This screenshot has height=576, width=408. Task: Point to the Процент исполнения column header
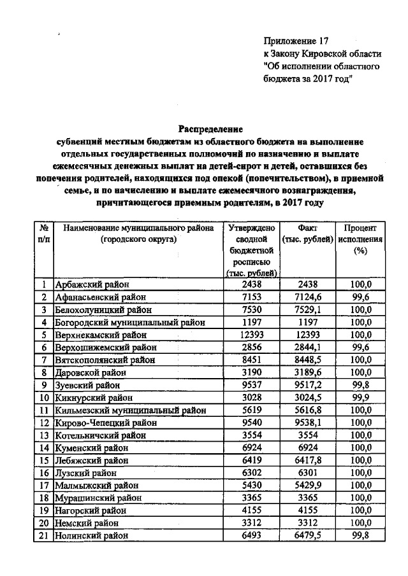[361, 239]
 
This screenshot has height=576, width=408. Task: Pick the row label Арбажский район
[92, 285]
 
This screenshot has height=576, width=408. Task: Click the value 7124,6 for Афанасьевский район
[308, 297]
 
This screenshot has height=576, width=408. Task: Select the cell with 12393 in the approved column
[251, 335]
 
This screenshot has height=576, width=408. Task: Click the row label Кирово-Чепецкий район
[103, 423]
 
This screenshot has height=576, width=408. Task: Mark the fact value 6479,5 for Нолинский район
[308, 536]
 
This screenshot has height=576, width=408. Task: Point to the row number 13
[45, 435]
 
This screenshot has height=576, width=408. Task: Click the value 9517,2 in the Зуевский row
[308, 385]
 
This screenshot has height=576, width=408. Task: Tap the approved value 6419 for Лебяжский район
[251, 460]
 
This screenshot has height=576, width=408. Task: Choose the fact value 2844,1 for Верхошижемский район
[308, 348]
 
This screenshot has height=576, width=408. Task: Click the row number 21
[45, 536]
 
